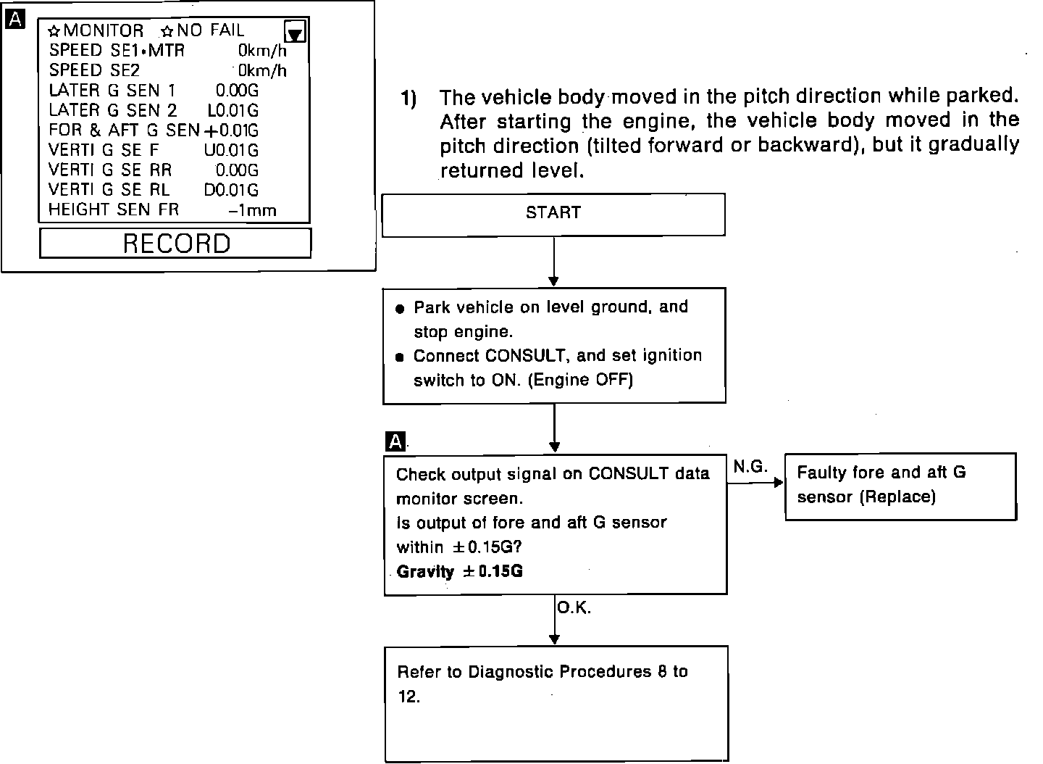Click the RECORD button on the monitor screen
tap(175, 244)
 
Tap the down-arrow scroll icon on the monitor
tap(296, 32)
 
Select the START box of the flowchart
tap(553, 214)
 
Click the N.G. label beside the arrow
tap(750, 468)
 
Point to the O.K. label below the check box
tap(574, 609)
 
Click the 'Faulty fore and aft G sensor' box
tap(900, 486)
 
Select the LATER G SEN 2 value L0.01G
tap(233, 111)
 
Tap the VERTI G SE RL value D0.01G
tap(231, 191)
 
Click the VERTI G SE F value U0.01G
tap(231, 151)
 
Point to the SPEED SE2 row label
tap(94, 71)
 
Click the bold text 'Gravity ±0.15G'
tap(459, 571)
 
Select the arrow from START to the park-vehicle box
tap(553, 261)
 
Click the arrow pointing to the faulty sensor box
tap(755, 482)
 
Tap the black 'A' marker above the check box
tap(395, 441)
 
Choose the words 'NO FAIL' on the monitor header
tap(211, 30)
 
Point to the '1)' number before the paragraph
tap(409, 98)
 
